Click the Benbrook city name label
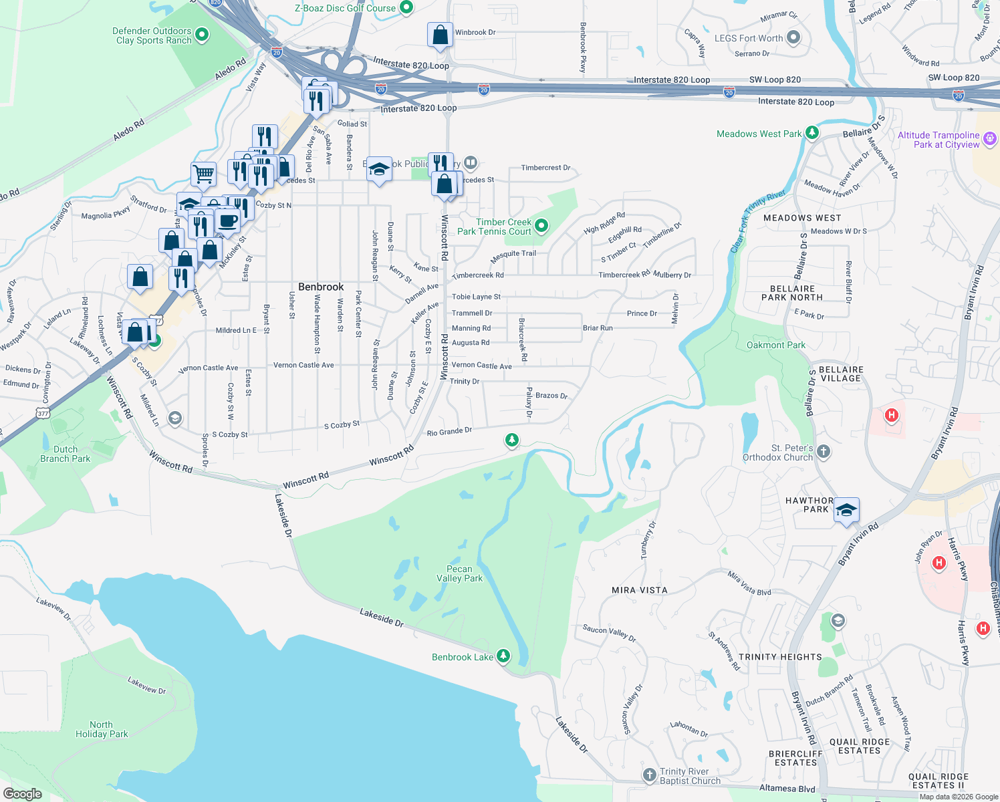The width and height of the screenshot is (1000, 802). [321, 287]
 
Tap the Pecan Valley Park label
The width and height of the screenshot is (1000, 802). [459, 573]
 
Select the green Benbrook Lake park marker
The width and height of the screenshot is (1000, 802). [503, 656]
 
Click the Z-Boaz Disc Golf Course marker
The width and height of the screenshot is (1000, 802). [406, 8]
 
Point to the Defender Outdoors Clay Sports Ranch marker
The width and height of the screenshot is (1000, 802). [201, 35]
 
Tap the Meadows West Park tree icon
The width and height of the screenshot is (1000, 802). [811, 133]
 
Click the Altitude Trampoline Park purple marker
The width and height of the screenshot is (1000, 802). [989, 139]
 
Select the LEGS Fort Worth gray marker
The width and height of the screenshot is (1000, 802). [793, 37]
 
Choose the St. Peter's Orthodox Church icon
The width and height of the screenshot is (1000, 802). [824, 452]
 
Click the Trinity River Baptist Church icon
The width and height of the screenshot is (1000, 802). [649, 775]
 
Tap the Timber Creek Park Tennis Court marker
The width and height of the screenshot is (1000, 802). [541, 227]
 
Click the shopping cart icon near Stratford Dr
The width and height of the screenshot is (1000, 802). [203, 174]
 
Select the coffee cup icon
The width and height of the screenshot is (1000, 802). [227, 221]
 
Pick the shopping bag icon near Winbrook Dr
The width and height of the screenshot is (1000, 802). [440, 35]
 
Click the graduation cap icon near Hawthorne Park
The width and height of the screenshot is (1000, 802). [846, 511]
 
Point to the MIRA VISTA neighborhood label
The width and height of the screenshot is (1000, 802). [639, 590]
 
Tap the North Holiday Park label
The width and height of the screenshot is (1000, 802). [102, 729]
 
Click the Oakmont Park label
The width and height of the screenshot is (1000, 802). [775, 345]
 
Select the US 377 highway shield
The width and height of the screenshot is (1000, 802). [43, 414]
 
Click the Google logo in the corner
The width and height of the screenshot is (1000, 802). [23, 793]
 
